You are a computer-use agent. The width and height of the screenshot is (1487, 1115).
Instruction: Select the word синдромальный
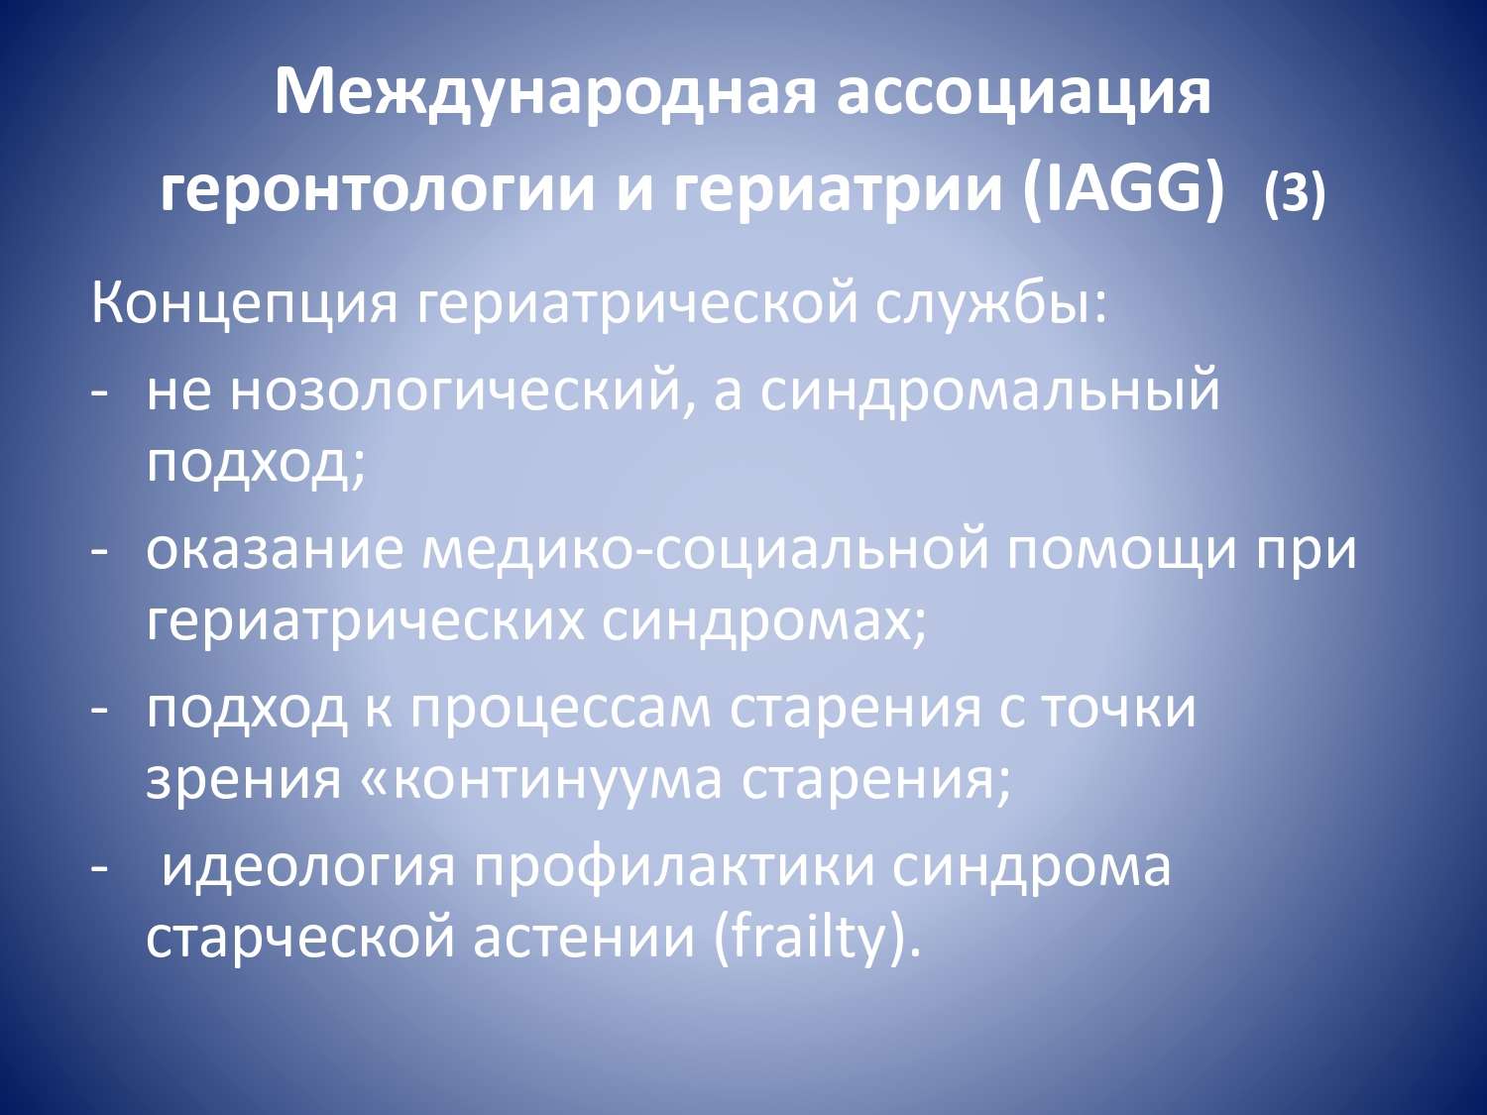pyautogui.click(x=989, y=393)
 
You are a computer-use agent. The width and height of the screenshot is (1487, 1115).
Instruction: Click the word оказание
pyautogui.click(x=274, y=550)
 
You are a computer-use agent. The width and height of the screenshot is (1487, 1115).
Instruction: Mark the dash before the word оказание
pyautogui.click(x=99, y=552)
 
